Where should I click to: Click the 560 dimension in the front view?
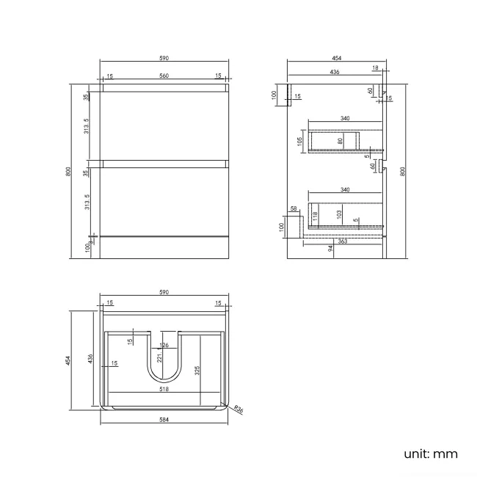point(164,76)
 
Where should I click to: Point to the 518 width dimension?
point(164,390)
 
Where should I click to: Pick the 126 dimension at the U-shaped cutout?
point(164,346)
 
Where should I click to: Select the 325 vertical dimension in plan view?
point(197,371)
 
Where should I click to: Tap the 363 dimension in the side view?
point(342,241)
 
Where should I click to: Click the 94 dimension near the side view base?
point(331,249)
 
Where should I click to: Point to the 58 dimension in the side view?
point(294,209)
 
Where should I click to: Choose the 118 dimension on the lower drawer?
point(314,215)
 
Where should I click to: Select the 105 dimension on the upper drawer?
point(300,141)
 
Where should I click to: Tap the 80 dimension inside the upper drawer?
point(341,139)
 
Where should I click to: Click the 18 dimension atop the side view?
point(375,68)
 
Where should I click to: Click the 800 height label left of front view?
point(68,171)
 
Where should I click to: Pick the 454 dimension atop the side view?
point(336,57)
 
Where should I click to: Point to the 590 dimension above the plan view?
point(164,292)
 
